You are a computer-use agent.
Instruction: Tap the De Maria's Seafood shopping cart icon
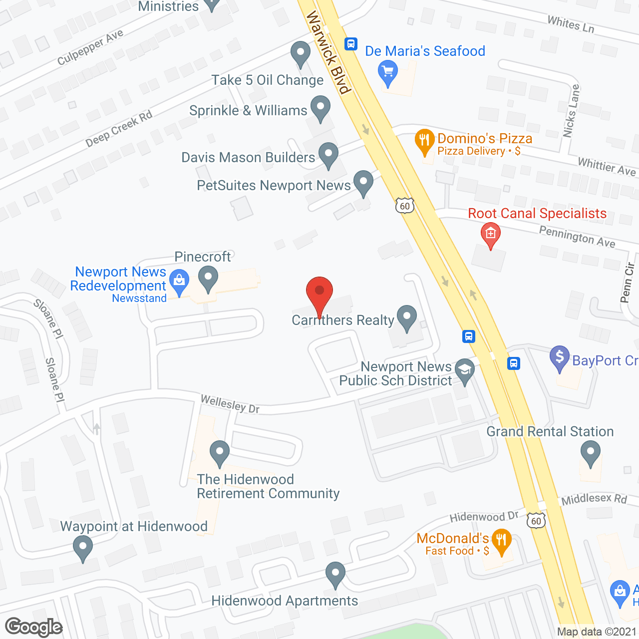[x=388, y=72]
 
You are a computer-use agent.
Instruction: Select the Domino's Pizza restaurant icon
[x=424, y=141]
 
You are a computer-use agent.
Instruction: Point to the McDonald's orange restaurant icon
[x=501, y=541]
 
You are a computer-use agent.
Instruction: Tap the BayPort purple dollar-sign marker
[x=560, y=358]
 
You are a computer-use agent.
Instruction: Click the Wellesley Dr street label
[x=230, y=404]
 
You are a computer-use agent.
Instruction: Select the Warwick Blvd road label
[x=327, y=52]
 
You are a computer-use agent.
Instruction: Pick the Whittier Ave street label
[x=607, y=167]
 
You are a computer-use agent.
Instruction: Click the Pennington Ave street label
[x=577, y=236]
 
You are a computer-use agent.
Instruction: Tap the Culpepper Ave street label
[x=90, y=47]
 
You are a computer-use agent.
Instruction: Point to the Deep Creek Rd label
[x=119, y=129]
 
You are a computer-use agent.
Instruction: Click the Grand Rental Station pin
[x=591, y=454]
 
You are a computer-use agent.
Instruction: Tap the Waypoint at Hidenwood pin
[x=83, y=548]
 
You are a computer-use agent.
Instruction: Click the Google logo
[x=34, y=628]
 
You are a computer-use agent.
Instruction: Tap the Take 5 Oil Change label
[x=268, y=80]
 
